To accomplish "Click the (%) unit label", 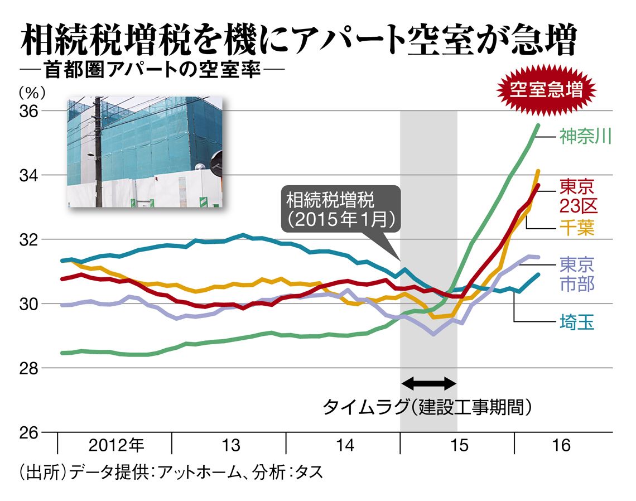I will pos(32,91).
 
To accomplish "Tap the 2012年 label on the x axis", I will pos(116,446).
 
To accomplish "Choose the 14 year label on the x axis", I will pos(345,446).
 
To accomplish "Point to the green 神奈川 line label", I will pos(585,137).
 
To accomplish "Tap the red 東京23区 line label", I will pos(577,196).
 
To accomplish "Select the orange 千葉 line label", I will pos(577,228).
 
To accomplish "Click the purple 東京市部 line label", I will pos(577,273).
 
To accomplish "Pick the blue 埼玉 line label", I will pos(577,322).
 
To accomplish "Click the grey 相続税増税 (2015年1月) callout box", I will pos(341,209).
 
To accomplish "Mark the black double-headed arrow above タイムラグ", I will pos(429,383).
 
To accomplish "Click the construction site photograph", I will pos(144,151).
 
